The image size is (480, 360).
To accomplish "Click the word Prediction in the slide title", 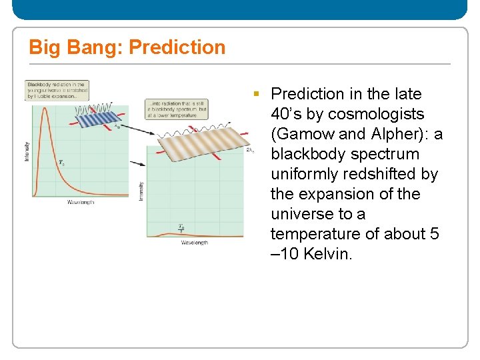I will [177, 47].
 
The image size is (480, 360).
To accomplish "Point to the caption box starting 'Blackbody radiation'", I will [57, 91].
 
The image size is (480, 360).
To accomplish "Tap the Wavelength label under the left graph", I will [80, 202].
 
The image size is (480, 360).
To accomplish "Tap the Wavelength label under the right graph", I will [194, 243].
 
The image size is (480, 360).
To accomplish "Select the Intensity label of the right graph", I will [141, 190].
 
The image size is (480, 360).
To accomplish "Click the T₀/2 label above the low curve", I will [181, 228].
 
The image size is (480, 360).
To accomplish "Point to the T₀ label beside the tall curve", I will [61, 162].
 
